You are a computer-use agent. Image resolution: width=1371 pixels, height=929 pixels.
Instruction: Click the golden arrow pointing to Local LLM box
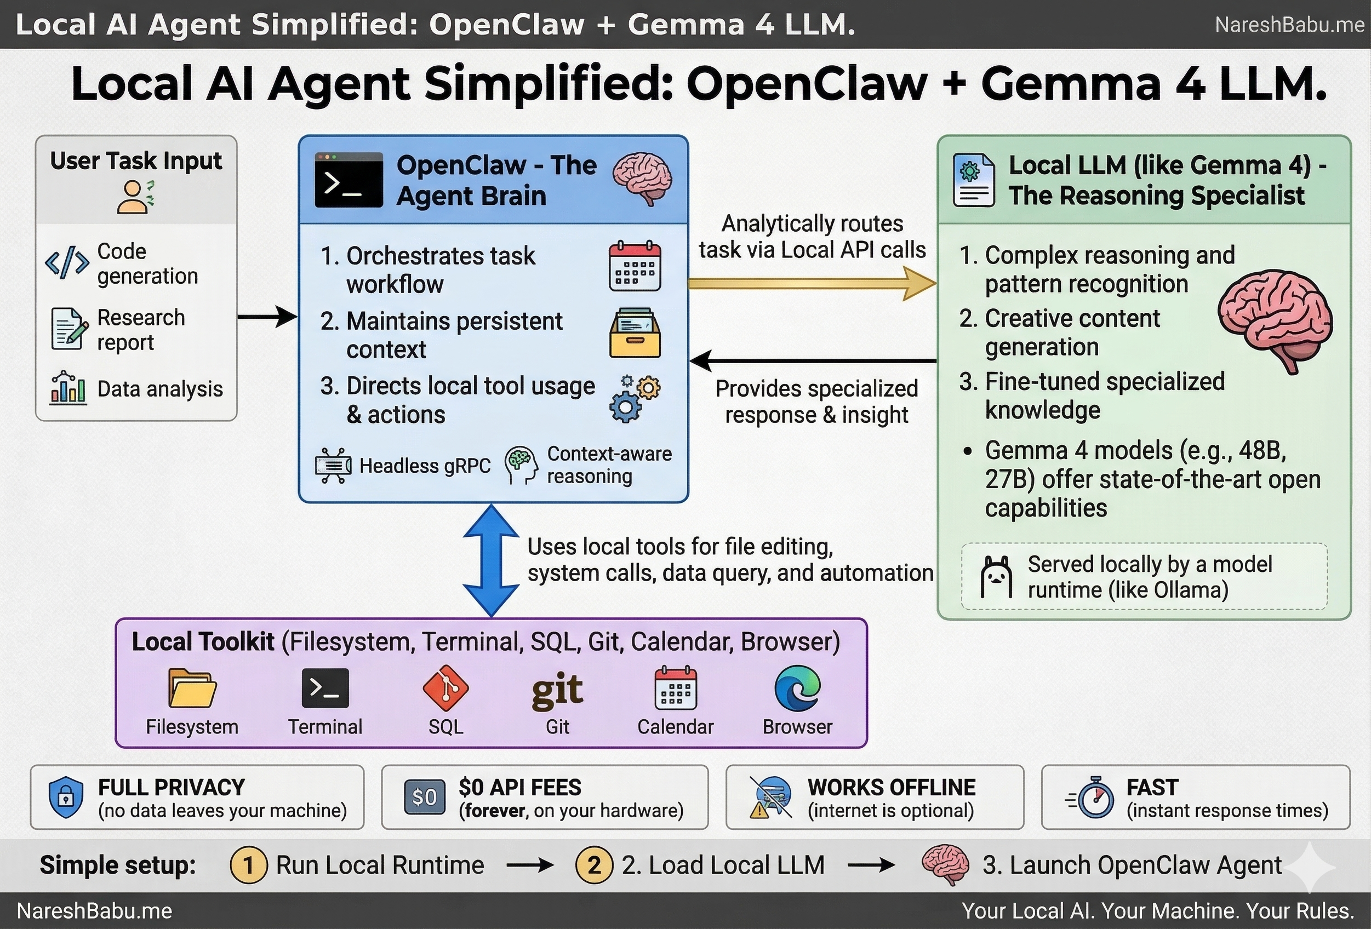coord(811,284)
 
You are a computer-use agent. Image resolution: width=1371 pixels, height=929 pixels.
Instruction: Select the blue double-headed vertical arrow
coord(491,560)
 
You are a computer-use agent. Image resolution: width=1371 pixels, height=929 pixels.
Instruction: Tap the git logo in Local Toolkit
coord(557,690)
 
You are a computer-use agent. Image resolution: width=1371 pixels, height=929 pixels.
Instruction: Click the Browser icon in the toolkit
coord(797,689)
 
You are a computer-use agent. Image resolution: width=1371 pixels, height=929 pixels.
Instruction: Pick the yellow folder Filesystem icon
coord(192,688)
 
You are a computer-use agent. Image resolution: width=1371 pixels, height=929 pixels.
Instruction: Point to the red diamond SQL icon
coord(445,688)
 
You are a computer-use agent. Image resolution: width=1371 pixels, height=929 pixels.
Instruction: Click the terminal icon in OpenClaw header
coord(349,180)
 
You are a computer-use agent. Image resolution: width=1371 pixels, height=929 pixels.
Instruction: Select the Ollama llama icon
coord(996,577)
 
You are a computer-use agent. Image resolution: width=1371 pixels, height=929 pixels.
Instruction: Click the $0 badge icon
coord(424,797)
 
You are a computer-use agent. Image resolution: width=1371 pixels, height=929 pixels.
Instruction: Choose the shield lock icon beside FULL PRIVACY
coord(66,797)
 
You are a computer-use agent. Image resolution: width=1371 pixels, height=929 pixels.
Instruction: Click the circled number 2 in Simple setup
coord(594,865)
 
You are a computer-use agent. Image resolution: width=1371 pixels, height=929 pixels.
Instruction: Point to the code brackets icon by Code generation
coord(67,262)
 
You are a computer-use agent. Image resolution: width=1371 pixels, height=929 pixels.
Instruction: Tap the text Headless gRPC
coord(425,466)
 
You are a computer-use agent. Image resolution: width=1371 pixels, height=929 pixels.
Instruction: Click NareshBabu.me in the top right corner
coord(1289,25)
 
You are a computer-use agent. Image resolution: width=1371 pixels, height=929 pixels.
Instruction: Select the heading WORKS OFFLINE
coord(891,788)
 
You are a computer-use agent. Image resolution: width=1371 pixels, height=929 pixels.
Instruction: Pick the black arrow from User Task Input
coord(267,317)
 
